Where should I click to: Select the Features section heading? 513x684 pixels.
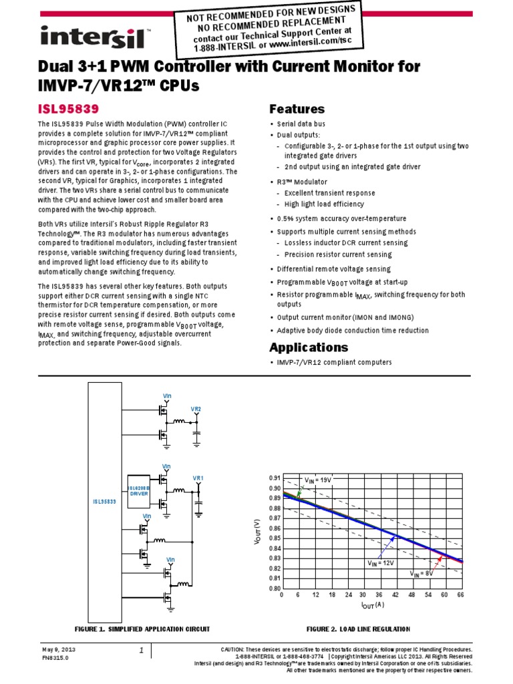click(x=297, y=109)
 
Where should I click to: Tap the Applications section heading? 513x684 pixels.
click(x=308, y=347)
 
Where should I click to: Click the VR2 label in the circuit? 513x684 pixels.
click(x=196, y=409)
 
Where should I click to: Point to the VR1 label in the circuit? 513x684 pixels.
click(x=198, y=478)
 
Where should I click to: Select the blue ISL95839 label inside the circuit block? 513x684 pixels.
click(x=104, y=500)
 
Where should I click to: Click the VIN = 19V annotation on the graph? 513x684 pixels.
click(x=318, y=480)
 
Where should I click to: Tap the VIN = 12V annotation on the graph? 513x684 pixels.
click(x=380, y=564)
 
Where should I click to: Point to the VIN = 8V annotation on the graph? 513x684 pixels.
click(x=421, y=573)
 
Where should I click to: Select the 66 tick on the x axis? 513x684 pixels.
click(x=460, y=594)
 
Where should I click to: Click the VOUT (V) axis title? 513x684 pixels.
click(x=258, y=532)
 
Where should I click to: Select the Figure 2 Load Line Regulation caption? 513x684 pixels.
click(x=358, y=629)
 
